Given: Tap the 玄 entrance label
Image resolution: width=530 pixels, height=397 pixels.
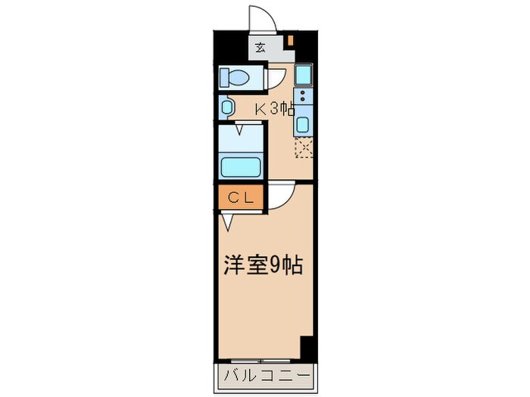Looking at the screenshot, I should [260, 48].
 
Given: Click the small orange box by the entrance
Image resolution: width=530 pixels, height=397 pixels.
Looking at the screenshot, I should [289, 39].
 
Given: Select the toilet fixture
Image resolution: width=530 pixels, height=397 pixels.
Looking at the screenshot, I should [236, 77].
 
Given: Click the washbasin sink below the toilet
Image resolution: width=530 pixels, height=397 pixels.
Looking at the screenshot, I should [226, 107].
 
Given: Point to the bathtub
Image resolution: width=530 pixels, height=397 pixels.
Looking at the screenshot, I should [240, 165].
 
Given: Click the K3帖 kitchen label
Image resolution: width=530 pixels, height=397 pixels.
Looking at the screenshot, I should [273, 109].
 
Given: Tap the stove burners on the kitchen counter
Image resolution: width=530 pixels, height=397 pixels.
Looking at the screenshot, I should [303, 97].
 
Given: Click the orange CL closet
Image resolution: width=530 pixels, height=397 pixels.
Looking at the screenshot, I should [240, 198].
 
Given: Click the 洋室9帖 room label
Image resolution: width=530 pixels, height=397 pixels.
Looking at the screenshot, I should [263, 265].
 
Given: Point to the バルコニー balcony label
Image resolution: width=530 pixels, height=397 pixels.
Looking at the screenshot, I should [265, 375].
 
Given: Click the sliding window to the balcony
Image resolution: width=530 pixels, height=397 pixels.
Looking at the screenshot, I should [257, 360].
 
